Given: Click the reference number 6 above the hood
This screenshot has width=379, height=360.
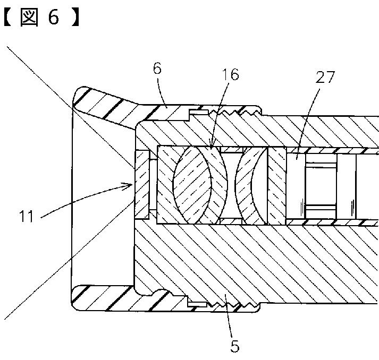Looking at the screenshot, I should tap(157, 69).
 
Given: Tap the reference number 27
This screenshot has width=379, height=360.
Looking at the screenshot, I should tap(324, 78).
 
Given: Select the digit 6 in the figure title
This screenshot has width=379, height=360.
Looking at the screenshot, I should tap(54, 18).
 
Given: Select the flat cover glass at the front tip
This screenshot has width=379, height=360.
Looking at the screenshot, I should tap(142, 185).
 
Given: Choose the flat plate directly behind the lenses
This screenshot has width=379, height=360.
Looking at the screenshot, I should tap(276, 185).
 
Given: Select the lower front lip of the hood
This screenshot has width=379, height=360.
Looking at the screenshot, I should tap(101, 297).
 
